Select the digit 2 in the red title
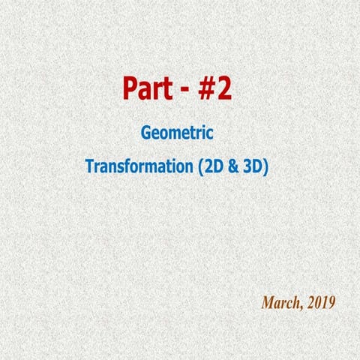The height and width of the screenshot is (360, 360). tap(225, 89)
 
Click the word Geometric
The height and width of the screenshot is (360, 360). tap(177, 133)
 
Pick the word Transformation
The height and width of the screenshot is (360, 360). tap(138, 166)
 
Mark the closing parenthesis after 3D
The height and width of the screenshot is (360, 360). tap(265, 166)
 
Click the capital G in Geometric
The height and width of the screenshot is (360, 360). tap(146, 133)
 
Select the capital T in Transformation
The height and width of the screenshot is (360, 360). tap(90, 166)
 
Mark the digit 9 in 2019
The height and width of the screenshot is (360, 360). tap(331, 303)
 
